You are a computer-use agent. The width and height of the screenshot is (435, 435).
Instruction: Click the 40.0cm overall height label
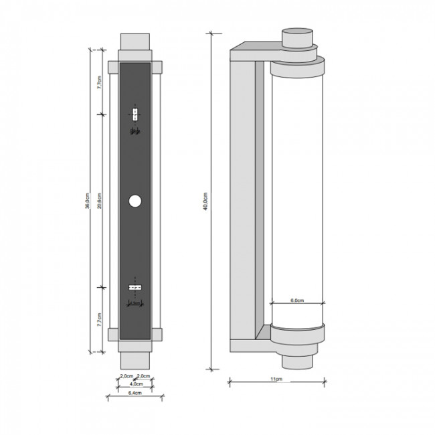coord(207,201)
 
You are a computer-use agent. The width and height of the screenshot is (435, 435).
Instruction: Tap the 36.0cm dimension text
coord(88,201)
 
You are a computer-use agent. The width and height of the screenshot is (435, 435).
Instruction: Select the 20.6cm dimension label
coord(100,201)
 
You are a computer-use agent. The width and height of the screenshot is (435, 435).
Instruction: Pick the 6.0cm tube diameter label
coord(297,301)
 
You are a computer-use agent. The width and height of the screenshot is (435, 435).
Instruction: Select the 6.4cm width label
coord(135,394)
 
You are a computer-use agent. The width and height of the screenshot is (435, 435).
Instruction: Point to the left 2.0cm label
coord(126,376)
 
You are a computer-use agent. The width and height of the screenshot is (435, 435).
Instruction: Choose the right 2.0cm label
coord(143,376)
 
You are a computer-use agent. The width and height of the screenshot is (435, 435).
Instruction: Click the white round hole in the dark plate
coord(135,201)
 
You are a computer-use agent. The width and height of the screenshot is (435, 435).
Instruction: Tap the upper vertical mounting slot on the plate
coord(135,114)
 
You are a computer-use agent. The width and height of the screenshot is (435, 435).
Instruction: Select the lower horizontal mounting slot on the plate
coord(135,287)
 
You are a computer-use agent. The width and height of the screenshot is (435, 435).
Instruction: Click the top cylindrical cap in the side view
coord(297,38)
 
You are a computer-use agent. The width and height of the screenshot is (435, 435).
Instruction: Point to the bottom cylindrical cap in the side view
coord(297,359)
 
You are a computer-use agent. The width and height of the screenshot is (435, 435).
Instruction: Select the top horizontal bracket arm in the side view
coord(254,51)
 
